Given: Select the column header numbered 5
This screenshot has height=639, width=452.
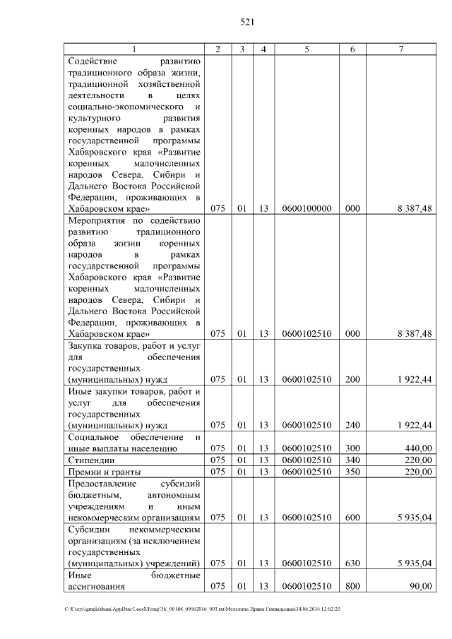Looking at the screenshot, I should pos(307,49).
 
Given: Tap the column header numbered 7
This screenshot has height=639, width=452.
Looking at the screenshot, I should pos(400,49).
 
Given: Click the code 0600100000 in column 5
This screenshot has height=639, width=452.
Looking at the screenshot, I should pos(307,209).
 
